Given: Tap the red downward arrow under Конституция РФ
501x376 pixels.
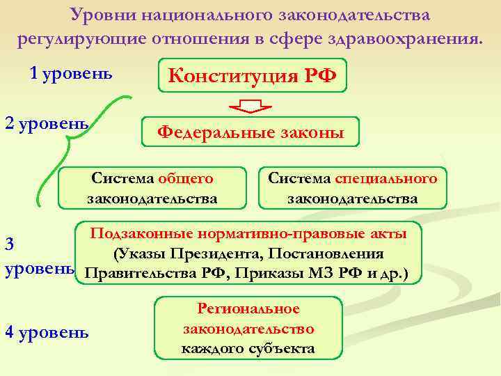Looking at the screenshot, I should coord(250,107).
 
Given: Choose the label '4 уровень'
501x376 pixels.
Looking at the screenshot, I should coord(47,332).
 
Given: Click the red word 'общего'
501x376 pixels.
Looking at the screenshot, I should coord(185,179).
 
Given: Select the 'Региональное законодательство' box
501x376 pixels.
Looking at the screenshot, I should coord(248,329).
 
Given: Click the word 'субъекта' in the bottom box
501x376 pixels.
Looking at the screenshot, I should coord(285,348).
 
